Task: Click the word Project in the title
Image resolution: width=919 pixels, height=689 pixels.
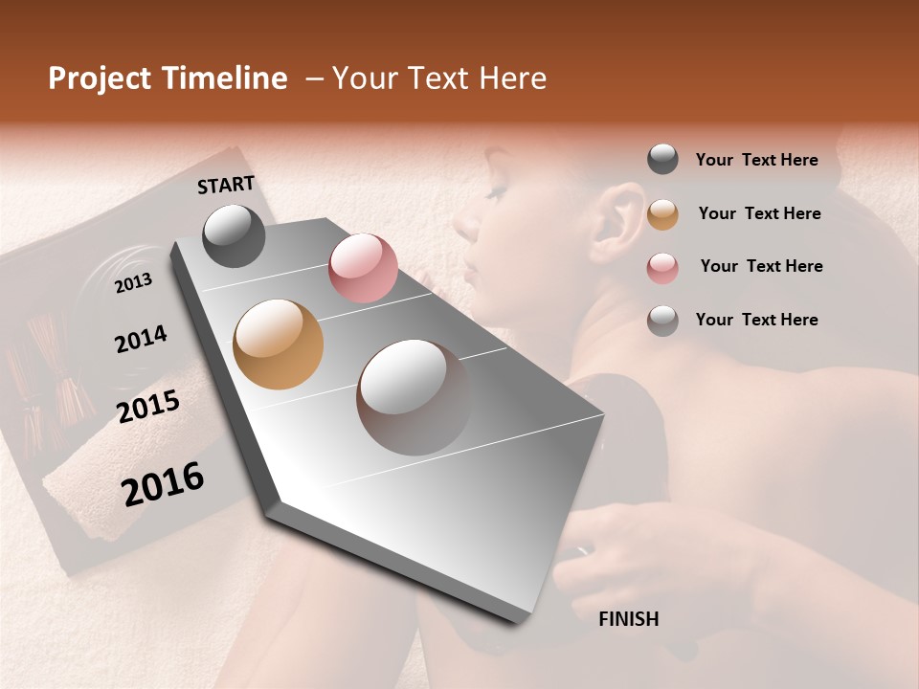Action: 101,78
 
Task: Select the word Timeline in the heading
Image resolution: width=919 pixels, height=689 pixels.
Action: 225,78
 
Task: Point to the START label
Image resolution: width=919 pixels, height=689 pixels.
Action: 226,185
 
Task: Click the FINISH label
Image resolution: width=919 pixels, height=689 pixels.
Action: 629,619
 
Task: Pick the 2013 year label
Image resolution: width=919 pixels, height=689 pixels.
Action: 133,283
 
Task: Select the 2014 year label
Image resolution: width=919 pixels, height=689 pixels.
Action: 141,339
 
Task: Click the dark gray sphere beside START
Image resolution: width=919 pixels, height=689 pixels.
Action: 234,235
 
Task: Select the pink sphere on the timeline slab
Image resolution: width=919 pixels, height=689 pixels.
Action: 363,268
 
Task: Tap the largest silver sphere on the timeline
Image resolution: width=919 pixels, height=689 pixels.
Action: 414,396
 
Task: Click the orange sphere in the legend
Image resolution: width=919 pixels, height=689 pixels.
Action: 662,214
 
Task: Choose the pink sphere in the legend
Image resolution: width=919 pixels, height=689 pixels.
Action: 662,267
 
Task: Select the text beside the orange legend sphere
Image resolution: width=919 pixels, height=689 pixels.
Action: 759,213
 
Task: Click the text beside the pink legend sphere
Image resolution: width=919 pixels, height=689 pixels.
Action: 761,266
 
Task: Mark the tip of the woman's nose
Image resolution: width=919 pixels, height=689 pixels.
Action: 458,228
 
